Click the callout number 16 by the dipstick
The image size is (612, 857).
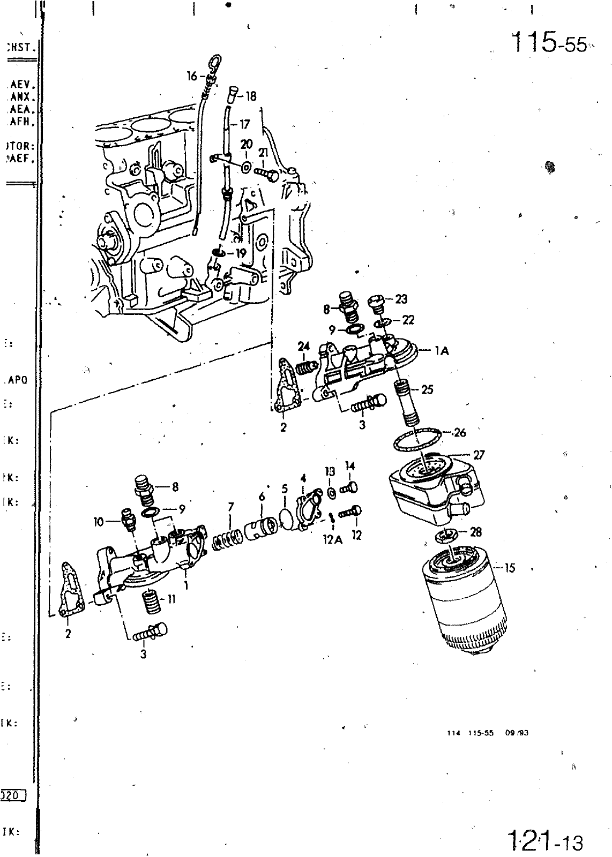tap(192, 76)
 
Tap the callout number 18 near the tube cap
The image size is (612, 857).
tap(251, 96)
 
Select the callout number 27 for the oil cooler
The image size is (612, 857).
tap(479, 455)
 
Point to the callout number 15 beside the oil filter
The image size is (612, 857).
tap(510, 568)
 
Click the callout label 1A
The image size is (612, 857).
tap(442, 351)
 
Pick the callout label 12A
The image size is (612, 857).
tap(332, 540)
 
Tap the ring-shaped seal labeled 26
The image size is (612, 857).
tap(417, 440)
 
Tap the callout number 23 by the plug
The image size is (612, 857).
tap(401, 299)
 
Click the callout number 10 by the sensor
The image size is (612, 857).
tap(99, 521)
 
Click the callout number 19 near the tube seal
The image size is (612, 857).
tap(241, 253)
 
